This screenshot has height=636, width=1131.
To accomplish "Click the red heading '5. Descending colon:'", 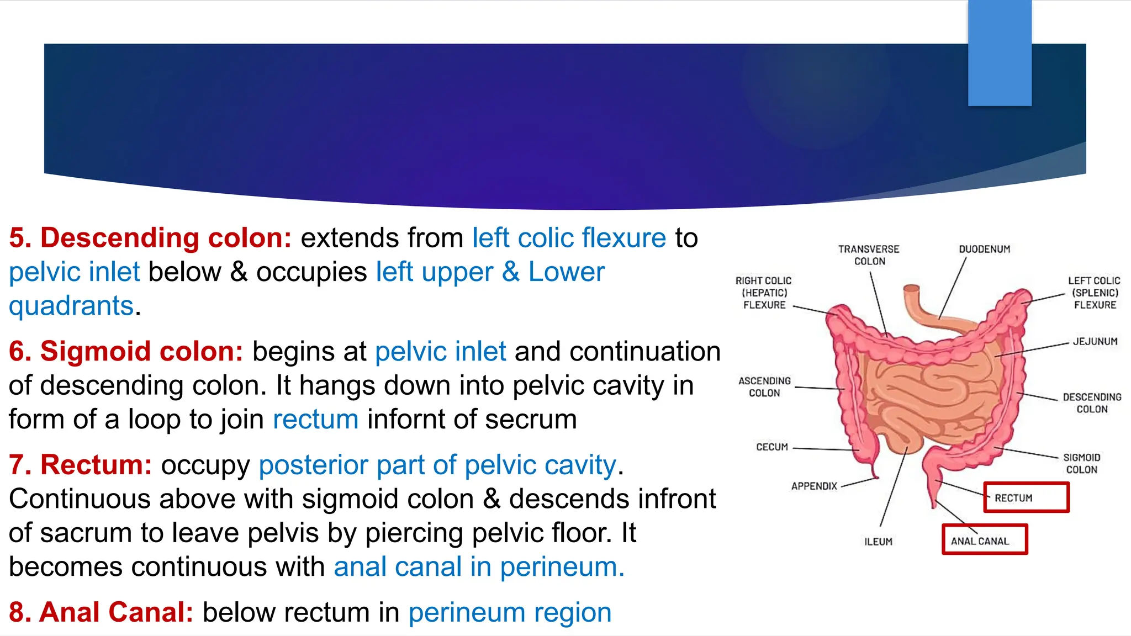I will coord(150,238).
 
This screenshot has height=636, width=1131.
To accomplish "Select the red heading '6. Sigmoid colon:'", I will coord(126,352).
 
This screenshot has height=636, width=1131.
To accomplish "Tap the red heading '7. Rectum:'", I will coord(81,465).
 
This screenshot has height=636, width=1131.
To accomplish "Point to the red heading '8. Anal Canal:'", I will coord(101,612).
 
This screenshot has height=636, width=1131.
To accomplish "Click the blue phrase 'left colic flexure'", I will coord(569,238).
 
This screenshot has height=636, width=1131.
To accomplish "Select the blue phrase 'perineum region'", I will coord(510,613).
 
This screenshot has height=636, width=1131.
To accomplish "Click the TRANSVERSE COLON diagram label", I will coord(869,255).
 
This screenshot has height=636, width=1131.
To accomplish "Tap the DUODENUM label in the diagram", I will coord(984,249).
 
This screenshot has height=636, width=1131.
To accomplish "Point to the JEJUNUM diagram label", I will coord(1095,342).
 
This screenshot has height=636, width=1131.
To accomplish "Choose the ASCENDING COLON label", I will coord(764,387).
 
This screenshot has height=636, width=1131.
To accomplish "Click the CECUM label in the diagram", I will coord(771,447).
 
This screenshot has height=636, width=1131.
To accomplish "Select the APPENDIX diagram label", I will coord(814,486).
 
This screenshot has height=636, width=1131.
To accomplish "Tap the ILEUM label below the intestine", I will coord(878,542).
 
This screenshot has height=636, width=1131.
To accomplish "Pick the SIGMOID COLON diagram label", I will coord(1081,464).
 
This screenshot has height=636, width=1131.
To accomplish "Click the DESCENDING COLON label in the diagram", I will coord(1092,403).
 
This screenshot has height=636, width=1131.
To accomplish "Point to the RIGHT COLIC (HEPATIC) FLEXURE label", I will coord(764,293).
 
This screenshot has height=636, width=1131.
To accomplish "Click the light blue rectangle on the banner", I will coord(1000,53).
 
